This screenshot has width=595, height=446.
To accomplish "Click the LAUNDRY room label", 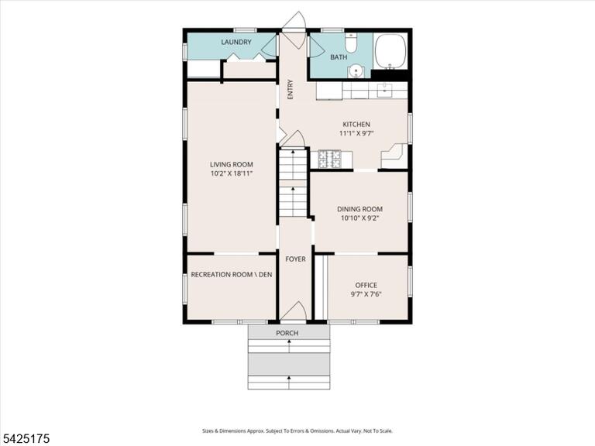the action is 236,42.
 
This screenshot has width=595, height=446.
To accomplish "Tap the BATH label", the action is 339,57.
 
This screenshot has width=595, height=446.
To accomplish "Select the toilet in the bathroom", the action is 352,43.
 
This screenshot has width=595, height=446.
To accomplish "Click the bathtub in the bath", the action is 390,52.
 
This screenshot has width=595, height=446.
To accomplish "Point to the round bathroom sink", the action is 356,70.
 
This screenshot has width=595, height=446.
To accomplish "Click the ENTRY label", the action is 291,90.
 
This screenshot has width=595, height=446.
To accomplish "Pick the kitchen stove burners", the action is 329,160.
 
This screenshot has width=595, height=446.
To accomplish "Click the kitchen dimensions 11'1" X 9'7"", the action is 356,133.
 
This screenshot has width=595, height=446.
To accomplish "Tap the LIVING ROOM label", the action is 232,165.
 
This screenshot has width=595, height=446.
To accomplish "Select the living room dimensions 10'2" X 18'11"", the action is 232,173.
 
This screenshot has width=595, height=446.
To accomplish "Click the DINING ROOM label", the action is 359,209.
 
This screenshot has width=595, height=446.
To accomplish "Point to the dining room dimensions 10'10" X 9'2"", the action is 359,218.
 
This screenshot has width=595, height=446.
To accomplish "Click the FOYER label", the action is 295,259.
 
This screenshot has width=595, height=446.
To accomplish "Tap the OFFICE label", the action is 366,285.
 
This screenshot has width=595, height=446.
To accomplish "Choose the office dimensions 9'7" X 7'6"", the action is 366,294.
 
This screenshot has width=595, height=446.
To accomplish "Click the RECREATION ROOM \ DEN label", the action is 232,275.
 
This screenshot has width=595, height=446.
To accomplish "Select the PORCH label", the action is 287,333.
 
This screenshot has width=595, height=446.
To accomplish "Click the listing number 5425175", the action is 25,439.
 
